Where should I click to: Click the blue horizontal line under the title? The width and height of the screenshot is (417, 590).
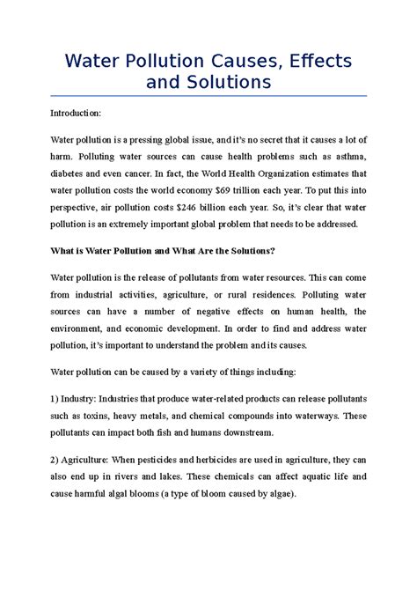pos(208,96)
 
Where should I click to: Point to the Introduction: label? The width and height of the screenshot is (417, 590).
pos(76,114)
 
